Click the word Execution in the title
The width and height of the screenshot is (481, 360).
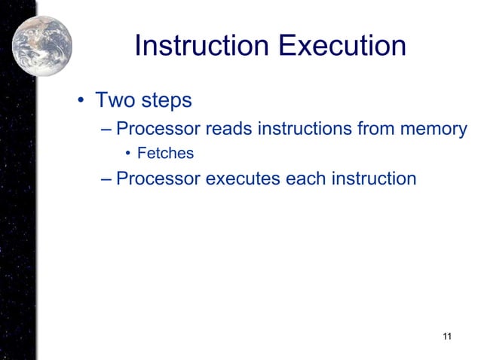click(342, 47)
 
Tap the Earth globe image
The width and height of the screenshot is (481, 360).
click(42, 46)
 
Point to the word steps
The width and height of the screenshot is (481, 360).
click(165, 101)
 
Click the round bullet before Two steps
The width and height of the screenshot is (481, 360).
click(79, 101)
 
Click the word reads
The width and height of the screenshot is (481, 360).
click(228, 128)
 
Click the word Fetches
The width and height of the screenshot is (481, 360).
click(165, 154)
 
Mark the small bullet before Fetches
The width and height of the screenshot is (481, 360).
click(129, 154)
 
